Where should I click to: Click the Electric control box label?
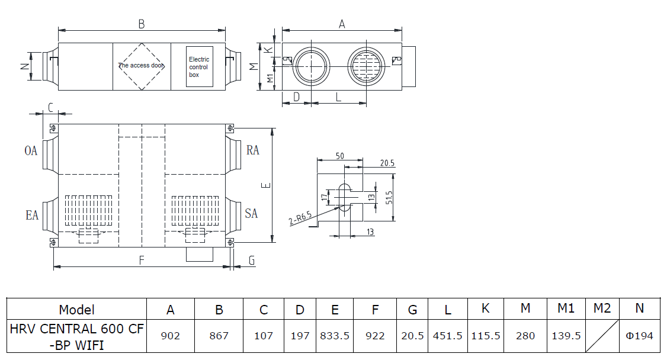point(199,67)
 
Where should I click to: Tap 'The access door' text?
point(141,66)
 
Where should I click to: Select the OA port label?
point(31,150)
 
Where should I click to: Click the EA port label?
point(32,215)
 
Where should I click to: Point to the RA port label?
point(253,150)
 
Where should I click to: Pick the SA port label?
point(251,213)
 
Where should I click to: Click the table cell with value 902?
point(170,336)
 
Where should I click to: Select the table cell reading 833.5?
point(335,336)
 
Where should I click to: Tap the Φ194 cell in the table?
point(639,336)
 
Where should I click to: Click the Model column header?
point(76,310)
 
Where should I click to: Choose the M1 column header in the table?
point(566,308)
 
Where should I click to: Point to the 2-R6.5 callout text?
point(300,218)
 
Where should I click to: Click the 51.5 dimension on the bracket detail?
point(389,198)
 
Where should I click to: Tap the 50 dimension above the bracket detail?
point(340,156)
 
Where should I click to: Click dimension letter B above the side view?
point(142,24)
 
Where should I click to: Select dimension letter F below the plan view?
point(142,260)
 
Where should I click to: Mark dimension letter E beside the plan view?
point(266,185)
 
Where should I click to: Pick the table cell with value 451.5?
point(447,336)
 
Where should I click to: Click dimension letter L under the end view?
point(338,97)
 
